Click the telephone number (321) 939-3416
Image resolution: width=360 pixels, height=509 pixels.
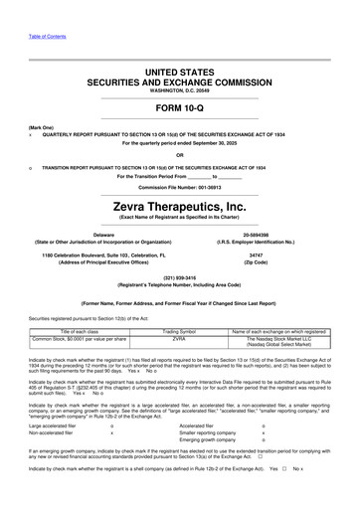(179, 277)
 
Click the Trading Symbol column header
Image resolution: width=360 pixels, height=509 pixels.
(180, 329)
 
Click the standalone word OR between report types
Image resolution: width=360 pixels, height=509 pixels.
(179, 153)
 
